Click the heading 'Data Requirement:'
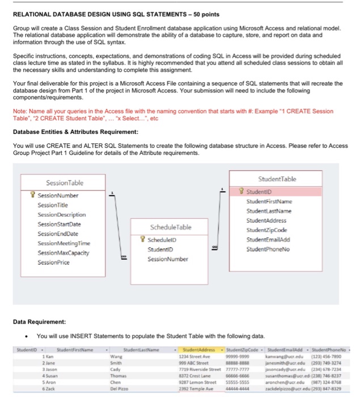(40, 321)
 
